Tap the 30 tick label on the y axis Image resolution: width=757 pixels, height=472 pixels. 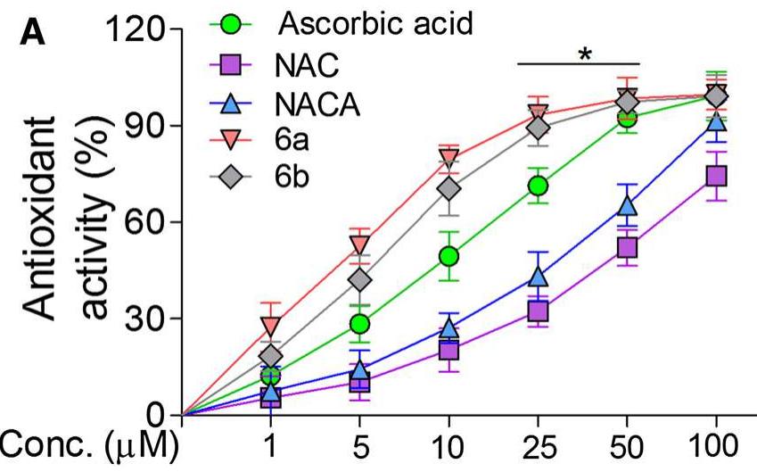144,319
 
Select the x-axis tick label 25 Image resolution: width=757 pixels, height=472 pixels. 538,444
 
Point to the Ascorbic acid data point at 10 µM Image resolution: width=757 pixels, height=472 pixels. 448,257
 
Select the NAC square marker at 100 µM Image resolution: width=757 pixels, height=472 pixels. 716,175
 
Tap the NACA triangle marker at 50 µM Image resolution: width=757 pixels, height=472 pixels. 627,206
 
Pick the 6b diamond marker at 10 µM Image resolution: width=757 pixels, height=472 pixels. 449,189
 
